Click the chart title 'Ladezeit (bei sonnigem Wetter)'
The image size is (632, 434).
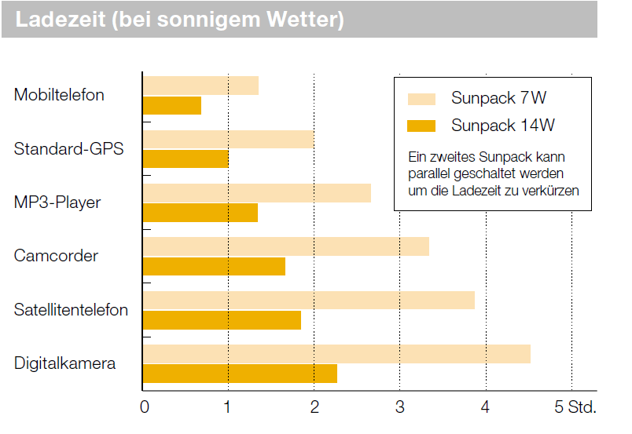[x=179, y=20]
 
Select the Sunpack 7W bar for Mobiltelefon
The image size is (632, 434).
[x=200, y=86]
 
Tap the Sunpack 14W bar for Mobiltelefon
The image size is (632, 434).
[x=172, y=105]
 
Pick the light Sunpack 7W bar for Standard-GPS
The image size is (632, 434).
[x=228, y=140]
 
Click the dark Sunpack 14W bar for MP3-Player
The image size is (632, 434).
[x=200, y=213]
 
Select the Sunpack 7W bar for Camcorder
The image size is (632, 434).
[x=285, y=246]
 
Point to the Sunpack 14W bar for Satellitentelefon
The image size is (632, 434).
[x=222, y=320]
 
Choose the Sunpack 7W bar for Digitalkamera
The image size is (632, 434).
[x=336, y=354]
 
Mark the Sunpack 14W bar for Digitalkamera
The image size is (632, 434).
[x=240, y=374]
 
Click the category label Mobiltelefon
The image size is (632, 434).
[x=59, y=96]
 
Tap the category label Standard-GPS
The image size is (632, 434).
[x=68, y=149]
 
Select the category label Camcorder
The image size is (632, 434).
[x=56, y=256]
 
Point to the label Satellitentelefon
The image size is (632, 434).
[x=71, y=310]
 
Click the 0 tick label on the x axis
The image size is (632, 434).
[x=145, y=407]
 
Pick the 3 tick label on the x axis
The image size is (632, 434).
[x=399, y=407]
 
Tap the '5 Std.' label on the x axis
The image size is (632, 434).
[x=575, y=407]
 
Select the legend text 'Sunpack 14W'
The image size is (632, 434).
[x=497, y=126]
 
